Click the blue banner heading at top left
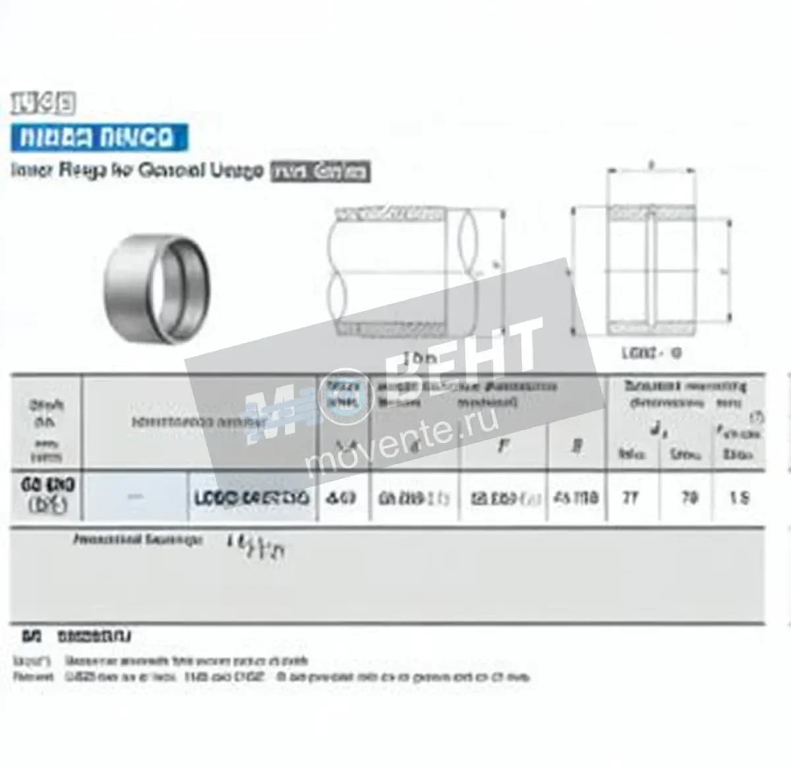tap(99, 137)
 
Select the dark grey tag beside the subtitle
tap(320, 171)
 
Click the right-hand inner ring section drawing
tap(651, 270)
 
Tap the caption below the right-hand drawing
tap(651, 353)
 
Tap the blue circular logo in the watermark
tap(347, 400)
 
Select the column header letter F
tap(503, 446)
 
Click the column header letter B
tap(577, 446)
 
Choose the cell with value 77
tap(631, 498)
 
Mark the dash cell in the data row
tap(135, 498)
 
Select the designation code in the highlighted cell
tap(252, 498)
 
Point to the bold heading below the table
tap(77, 637)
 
